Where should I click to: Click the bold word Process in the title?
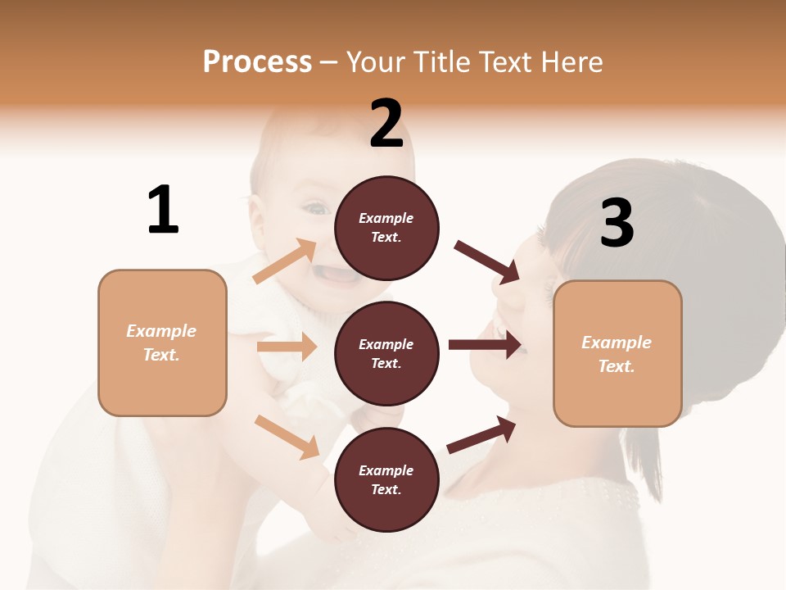pyautogui.click(x=257, y=61)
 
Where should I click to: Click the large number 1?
pyautogui.click(x=163, y=210)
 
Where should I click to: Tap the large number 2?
pyautogui.click(x=386, y=124)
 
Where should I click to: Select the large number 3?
pyautogui.click(x=617, y=224)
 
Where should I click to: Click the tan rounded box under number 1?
pyautogui.click(x=162, y=343)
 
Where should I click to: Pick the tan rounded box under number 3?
pyautogui.click(x=617, y=353)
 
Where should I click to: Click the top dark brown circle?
pyautogui.click(x=386, y=228)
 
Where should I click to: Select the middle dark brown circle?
pyautogui.click(x=386, y=353)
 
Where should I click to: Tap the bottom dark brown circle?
pyautogui.click(x=386, y=479)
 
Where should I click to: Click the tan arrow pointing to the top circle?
pyautogui.click(x=285, y=261)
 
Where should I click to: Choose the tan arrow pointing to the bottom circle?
pyautogui.click(x=287, y=436)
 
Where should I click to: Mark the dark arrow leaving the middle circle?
pyautogui.click(x=485, y=344)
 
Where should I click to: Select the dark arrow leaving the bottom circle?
pyautogui.click(x=481, y=434)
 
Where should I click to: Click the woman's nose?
pyautogui.click(x=505, y=291)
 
